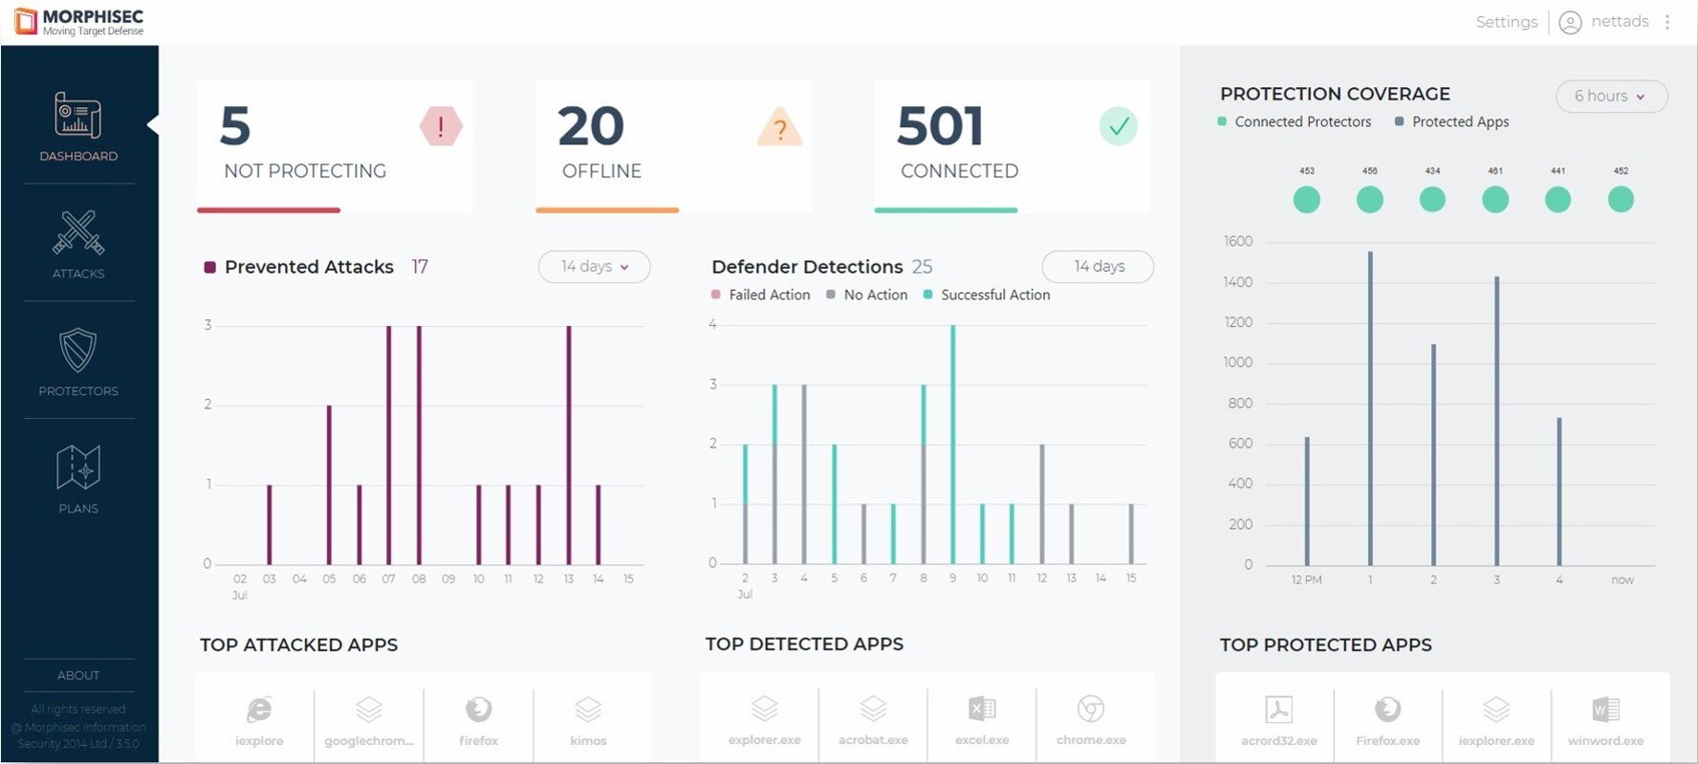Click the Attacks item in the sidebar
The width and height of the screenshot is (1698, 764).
tap(78, 244)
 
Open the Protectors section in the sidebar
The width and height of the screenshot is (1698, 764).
tap(78, 361)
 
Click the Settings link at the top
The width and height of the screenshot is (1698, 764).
tap(1506, 22)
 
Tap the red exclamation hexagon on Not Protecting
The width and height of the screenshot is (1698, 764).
tap(441, 126)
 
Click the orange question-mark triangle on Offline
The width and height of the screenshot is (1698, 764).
tap(779, 127)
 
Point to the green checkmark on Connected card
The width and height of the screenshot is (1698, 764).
tap(1118, 126)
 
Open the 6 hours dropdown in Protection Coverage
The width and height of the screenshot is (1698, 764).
tap(1611, 97)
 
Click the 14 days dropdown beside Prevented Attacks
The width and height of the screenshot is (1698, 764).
tap(594, 267)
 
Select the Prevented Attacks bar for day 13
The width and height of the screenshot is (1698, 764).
tap(569, 445)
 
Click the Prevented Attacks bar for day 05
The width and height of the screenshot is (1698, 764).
tap(329, 485)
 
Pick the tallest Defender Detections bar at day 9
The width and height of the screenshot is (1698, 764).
tap(952, 445)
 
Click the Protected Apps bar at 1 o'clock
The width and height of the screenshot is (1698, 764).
tap(1370, 408)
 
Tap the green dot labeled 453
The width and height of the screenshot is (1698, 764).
tap(1307, 199)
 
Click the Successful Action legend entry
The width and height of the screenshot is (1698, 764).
tap(994, 295)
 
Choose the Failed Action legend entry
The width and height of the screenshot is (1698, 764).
tap(769, 295)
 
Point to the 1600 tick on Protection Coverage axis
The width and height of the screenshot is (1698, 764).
tap(1238, 242)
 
